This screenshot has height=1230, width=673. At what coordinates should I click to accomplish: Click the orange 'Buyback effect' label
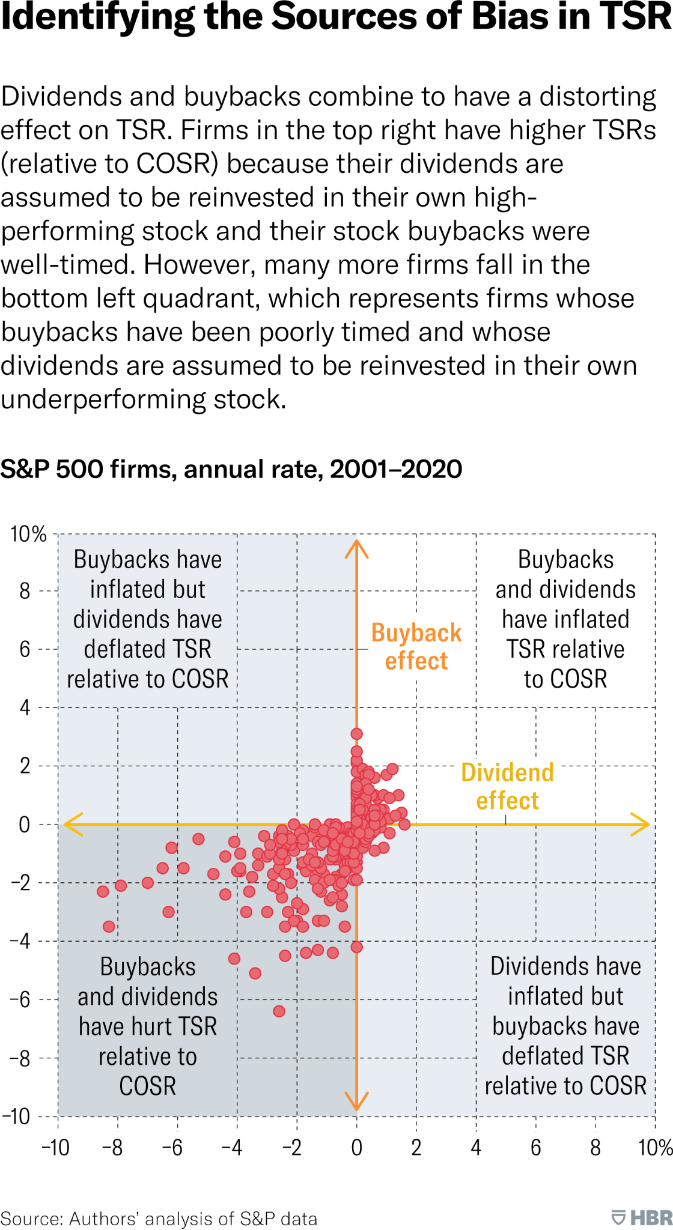tap(416, 647)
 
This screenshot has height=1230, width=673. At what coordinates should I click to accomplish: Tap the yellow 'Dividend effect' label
tap(507, 786)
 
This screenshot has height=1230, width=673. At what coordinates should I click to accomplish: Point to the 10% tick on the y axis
tap(28, 533)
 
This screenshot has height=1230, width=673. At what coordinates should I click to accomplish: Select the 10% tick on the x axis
tap(655, 1148)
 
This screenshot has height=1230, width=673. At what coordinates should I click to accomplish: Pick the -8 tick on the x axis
tap(112, 1148)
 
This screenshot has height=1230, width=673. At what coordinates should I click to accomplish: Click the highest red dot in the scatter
tap(356, 733)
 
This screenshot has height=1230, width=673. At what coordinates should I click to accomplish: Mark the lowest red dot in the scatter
tap(279, 1011)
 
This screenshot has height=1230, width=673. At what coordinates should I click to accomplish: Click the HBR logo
tap(642, 1218)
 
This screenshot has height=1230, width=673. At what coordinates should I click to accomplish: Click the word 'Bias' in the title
tap(510, 17)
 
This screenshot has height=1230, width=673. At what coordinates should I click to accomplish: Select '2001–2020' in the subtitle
tap(396, 469)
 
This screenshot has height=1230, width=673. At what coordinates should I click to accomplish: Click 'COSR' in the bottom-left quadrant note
tap(148, 1086)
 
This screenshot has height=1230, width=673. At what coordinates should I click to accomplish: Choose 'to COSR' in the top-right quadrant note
tap(565, 679)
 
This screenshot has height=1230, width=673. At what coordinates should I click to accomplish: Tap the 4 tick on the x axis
tap(476, 1148)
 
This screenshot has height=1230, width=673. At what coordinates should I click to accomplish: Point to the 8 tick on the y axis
tap(25, 591)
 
